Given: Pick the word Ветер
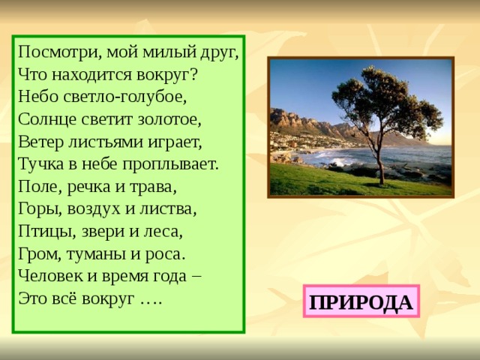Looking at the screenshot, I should point(38,141).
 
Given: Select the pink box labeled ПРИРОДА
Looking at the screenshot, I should point(361,301).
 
